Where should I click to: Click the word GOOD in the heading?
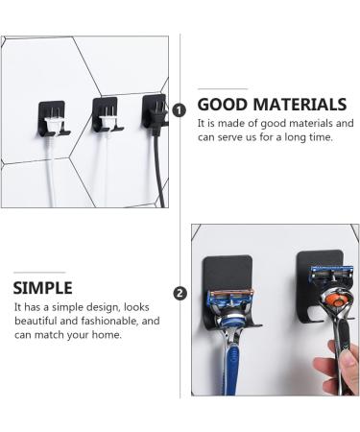click(x=220, y=105)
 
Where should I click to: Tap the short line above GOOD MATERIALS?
click(x=222, y=88)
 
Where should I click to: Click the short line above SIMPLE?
click(x=37, y=272)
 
